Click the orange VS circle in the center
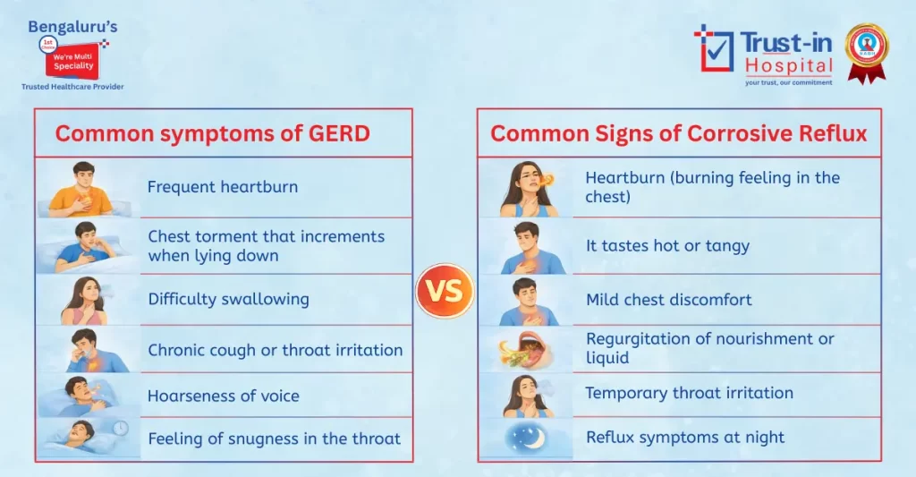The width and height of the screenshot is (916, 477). pyautogui.click(x=445, y=291)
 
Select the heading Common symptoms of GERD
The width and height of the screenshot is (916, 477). pyautogui.click(x=213, y=133)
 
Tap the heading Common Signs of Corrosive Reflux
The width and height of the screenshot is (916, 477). pyautogui.click(x=679, y=133)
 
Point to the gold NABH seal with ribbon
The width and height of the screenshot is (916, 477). pyautogui.click(x=866, y=51)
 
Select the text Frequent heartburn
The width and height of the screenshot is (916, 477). pyautogui.click(x=223, y=187)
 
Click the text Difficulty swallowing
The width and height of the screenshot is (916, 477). pyautogui.click(x=228, y=299)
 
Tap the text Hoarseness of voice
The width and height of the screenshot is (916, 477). pyautogui.click(x=224, y=396)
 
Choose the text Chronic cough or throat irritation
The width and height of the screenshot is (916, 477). pyautogui.click(x=275, y=350)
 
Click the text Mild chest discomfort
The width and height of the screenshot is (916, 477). pyautogui.click(x=668, y=299)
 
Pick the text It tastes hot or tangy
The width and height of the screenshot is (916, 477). pyautogui.click(x=667, y=245)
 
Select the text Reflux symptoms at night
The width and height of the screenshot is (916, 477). pyautogui.click(x=684, y=438)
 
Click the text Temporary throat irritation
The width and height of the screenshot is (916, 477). pyautogui.click(x=689, y=393)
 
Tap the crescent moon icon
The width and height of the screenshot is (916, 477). pyautogui.click(x=526, y=439)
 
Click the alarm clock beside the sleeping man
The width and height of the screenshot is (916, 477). pyautogui.click(x=119, y=429)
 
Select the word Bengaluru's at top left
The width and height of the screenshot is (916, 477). pyautogui.click(x=72, y=27)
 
